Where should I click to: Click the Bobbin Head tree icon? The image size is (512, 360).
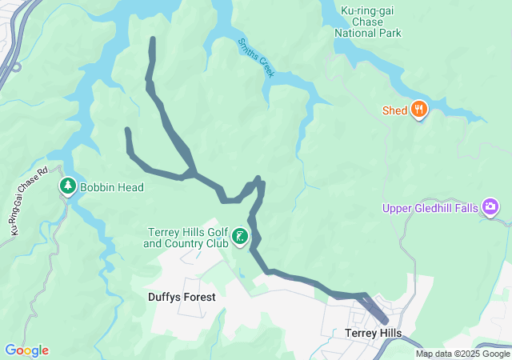tap(68, 186)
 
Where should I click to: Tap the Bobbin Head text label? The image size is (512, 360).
tap(111, 187)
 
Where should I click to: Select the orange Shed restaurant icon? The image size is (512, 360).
tap(418, 110)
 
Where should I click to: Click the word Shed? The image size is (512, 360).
tap(395, 110)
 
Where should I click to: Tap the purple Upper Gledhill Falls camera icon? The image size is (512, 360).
tap(491, 209)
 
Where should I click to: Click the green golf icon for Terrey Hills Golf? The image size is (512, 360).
tap(239, 237)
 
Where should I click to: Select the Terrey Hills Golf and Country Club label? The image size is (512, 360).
tap(186, 238)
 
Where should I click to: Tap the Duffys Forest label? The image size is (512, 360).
tap(182, 297)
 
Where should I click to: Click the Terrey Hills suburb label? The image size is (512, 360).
tap(372, 333)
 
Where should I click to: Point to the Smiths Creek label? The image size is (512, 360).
tap(256, 58)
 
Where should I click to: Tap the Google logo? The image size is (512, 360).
tap(26, 350)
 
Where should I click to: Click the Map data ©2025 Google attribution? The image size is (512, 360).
tap(462, 354)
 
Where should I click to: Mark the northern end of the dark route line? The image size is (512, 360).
tap(152, 39)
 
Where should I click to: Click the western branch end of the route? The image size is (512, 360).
tap(127, 130)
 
